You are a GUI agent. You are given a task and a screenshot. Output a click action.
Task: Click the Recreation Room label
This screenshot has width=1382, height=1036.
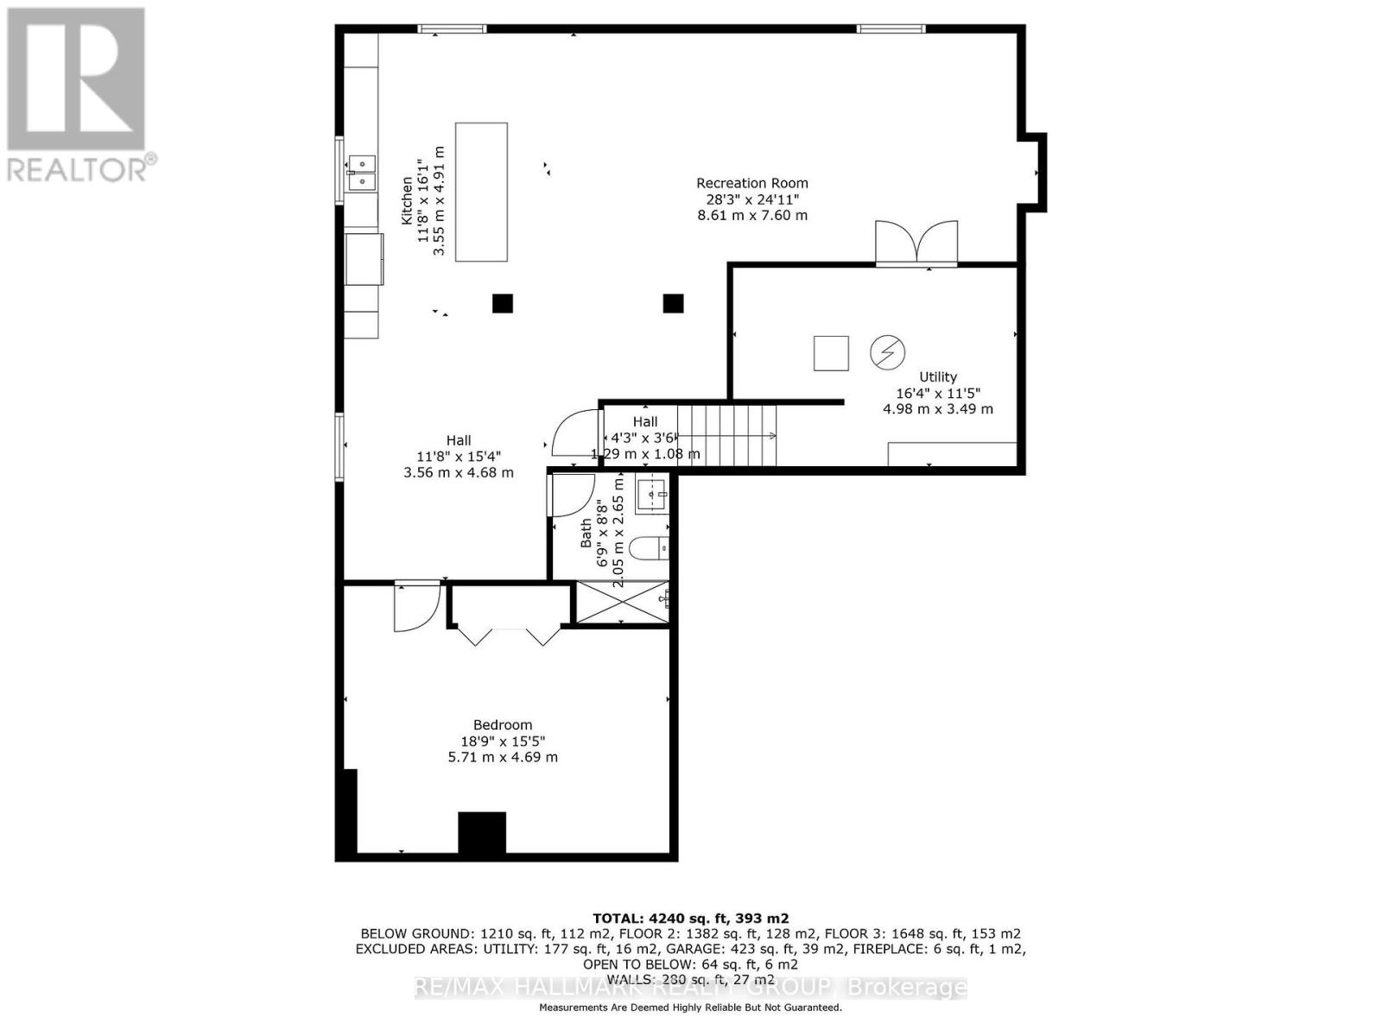click(751, 183)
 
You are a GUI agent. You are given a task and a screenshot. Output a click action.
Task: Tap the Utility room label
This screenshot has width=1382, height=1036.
click(937, 376)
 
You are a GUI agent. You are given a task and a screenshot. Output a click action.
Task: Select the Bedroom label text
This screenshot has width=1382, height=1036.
click(502, 725)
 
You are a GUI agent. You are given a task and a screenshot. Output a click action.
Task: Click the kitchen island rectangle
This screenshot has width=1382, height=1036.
click(481, 192)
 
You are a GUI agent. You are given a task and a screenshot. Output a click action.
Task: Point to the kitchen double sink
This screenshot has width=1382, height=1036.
click(361, 172)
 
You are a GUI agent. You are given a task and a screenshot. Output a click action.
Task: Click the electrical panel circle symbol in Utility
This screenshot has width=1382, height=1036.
click(887, 352)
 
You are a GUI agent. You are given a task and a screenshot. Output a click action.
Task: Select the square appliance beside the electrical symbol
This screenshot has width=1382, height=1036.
click(831, 352)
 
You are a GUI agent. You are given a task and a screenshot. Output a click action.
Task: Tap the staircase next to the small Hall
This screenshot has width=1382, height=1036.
click(727, 435)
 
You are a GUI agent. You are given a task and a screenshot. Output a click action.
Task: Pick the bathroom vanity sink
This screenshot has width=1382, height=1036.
click(652, 496)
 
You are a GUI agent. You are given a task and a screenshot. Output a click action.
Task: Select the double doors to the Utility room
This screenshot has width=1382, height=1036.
click(916, 243)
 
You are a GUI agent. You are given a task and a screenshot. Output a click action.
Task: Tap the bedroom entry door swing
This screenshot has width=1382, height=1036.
click(415, 608)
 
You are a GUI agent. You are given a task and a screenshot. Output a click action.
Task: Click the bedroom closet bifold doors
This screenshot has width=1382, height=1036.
click(508, 635)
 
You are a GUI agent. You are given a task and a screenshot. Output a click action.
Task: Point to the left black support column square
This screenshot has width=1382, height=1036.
click(502, 303)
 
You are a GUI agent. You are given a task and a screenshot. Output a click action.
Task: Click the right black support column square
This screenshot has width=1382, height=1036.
click(673, 303)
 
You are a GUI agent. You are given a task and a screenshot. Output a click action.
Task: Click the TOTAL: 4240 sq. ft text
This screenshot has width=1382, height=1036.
click(690, 918)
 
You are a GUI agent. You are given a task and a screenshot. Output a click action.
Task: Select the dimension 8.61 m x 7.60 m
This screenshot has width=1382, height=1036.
click(751, 215)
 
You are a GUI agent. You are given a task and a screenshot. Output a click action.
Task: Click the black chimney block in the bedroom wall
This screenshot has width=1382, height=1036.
click(482, 833)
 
